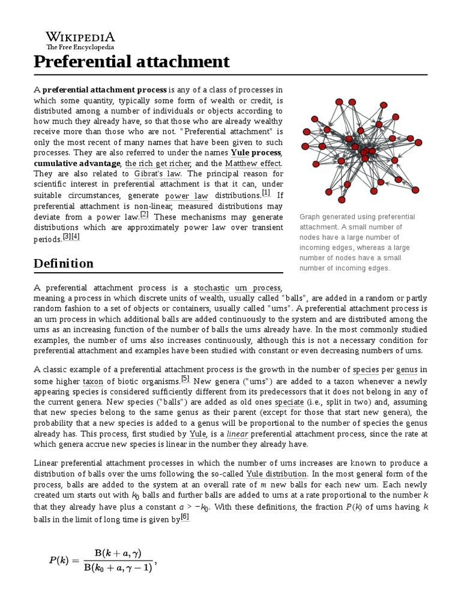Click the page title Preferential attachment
131,61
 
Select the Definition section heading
64,263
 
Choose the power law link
186,195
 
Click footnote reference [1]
266,193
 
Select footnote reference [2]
144,215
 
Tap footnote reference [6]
185,518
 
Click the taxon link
93,381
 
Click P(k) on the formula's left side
60,561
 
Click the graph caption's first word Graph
310,216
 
